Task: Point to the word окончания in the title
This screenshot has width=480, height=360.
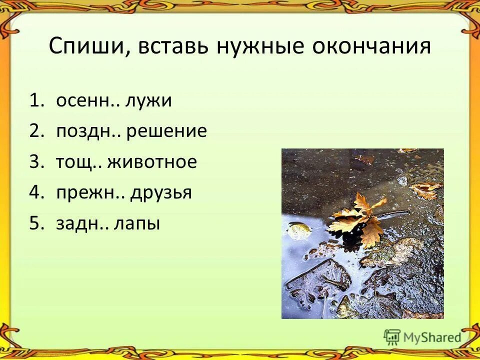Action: click(374, 46)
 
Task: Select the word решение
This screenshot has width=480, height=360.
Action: click(166, 131)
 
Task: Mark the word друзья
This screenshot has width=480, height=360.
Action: click(161, 192)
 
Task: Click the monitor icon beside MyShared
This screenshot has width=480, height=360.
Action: click(392, 336)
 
